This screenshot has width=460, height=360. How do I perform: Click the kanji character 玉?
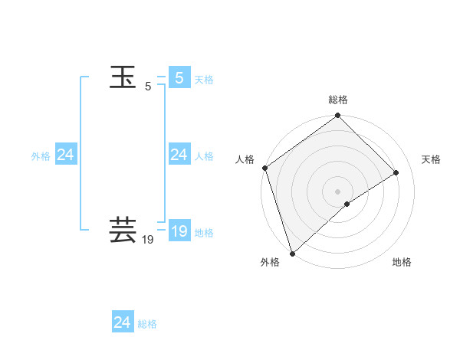[x=123, y=77]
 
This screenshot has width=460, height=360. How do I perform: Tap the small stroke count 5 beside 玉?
[x=148, y=87]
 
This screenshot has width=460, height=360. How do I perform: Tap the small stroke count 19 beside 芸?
[x=148, y=240]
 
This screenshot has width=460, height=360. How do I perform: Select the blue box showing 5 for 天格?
[x=179, y=77]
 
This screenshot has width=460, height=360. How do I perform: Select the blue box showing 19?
[x=179, y=231]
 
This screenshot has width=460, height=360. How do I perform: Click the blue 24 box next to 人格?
[x=179, y=155]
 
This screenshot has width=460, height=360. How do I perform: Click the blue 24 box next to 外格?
[x=65, y=155]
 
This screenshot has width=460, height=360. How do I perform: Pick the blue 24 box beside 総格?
[x=122, y=322]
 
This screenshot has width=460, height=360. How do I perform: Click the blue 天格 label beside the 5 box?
[x=204, y=80]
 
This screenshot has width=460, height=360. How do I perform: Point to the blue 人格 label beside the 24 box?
[x=204, y=156]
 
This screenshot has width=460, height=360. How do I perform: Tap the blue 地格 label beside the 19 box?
[x=204, y=233]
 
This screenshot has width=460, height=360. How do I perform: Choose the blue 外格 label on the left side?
[x=41, y=156]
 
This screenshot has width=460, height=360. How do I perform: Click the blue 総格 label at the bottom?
[x=147, y=325]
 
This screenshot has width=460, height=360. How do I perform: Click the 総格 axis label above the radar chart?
[x=338, y=100]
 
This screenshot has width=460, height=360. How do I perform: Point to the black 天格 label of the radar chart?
[x=432, y=159]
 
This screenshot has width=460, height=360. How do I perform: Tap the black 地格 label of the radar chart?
[x=402, y=263]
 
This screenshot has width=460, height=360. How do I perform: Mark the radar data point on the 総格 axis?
[x=338, y=116]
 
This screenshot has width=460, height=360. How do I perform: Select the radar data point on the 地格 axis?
[x=347, y=204]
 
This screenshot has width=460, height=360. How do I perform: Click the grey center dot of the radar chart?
[x=338, y=191]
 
